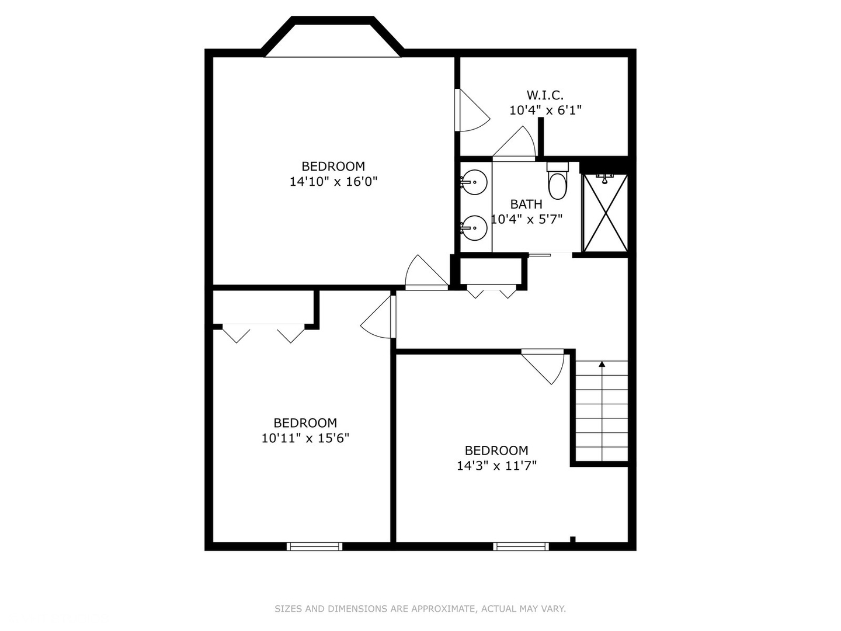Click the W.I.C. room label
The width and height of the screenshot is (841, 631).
545,95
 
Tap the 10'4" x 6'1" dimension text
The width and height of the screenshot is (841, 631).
545,110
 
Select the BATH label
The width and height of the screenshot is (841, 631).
526,204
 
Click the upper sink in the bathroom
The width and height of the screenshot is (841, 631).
474,182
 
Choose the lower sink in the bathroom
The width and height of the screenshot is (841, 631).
474,228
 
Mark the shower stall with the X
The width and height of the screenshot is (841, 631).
605,213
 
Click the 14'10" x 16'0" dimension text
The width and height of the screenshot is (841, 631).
333,182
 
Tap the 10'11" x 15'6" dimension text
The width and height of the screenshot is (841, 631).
305,438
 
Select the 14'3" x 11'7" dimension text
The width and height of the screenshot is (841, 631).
496,466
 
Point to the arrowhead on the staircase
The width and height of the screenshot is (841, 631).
602,364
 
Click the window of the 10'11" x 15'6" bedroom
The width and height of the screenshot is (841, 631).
315,546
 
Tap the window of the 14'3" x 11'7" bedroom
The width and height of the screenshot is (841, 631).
521,546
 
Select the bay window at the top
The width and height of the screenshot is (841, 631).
332,37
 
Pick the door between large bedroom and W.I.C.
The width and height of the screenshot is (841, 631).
472,110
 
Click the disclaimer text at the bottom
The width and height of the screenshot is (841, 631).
420,608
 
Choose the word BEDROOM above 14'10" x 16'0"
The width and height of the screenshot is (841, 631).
333,167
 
